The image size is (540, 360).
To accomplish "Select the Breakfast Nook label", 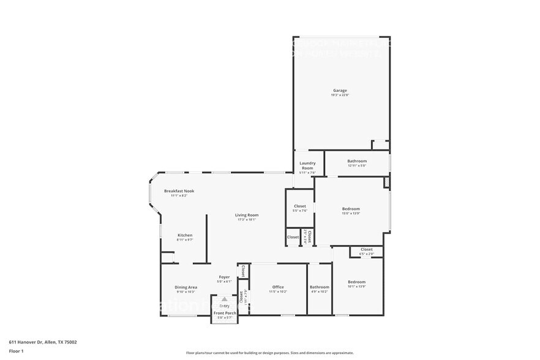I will click(x=179, y=191).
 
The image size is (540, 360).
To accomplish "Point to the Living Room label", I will click(x=247, y=215).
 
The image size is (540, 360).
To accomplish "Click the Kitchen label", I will click(x=185, y=235).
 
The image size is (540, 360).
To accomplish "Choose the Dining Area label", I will click(x=186, y=287).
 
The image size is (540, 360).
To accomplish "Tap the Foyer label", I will click(x=225, y=277).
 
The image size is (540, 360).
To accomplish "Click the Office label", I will click(x=278, y=287).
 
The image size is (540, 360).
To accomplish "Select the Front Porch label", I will click(x=225, y=313).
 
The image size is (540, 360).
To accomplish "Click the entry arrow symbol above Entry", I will click(x=225, y=299).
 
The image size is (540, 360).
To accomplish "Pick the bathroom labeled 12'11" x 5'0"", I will click(x=356, y=162).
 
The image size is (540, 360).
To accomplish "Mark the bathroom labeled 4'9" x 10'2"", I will click(x=319, y=287).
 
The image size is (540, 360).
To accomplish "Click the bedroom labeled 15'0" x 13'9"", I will click(x=351, y=209).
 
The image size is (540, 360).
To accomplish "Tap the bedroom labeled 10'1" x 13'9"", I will click(x=356, y=282).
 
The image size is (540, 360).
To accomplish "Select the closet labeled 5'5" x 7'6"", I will click(x=300, y=206).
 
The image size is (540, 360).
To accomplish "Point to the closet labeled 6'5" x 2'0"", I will click(x=366, y=249).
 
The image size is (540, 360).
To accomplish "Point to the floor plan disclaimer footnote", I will click(x=269, y=353).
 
